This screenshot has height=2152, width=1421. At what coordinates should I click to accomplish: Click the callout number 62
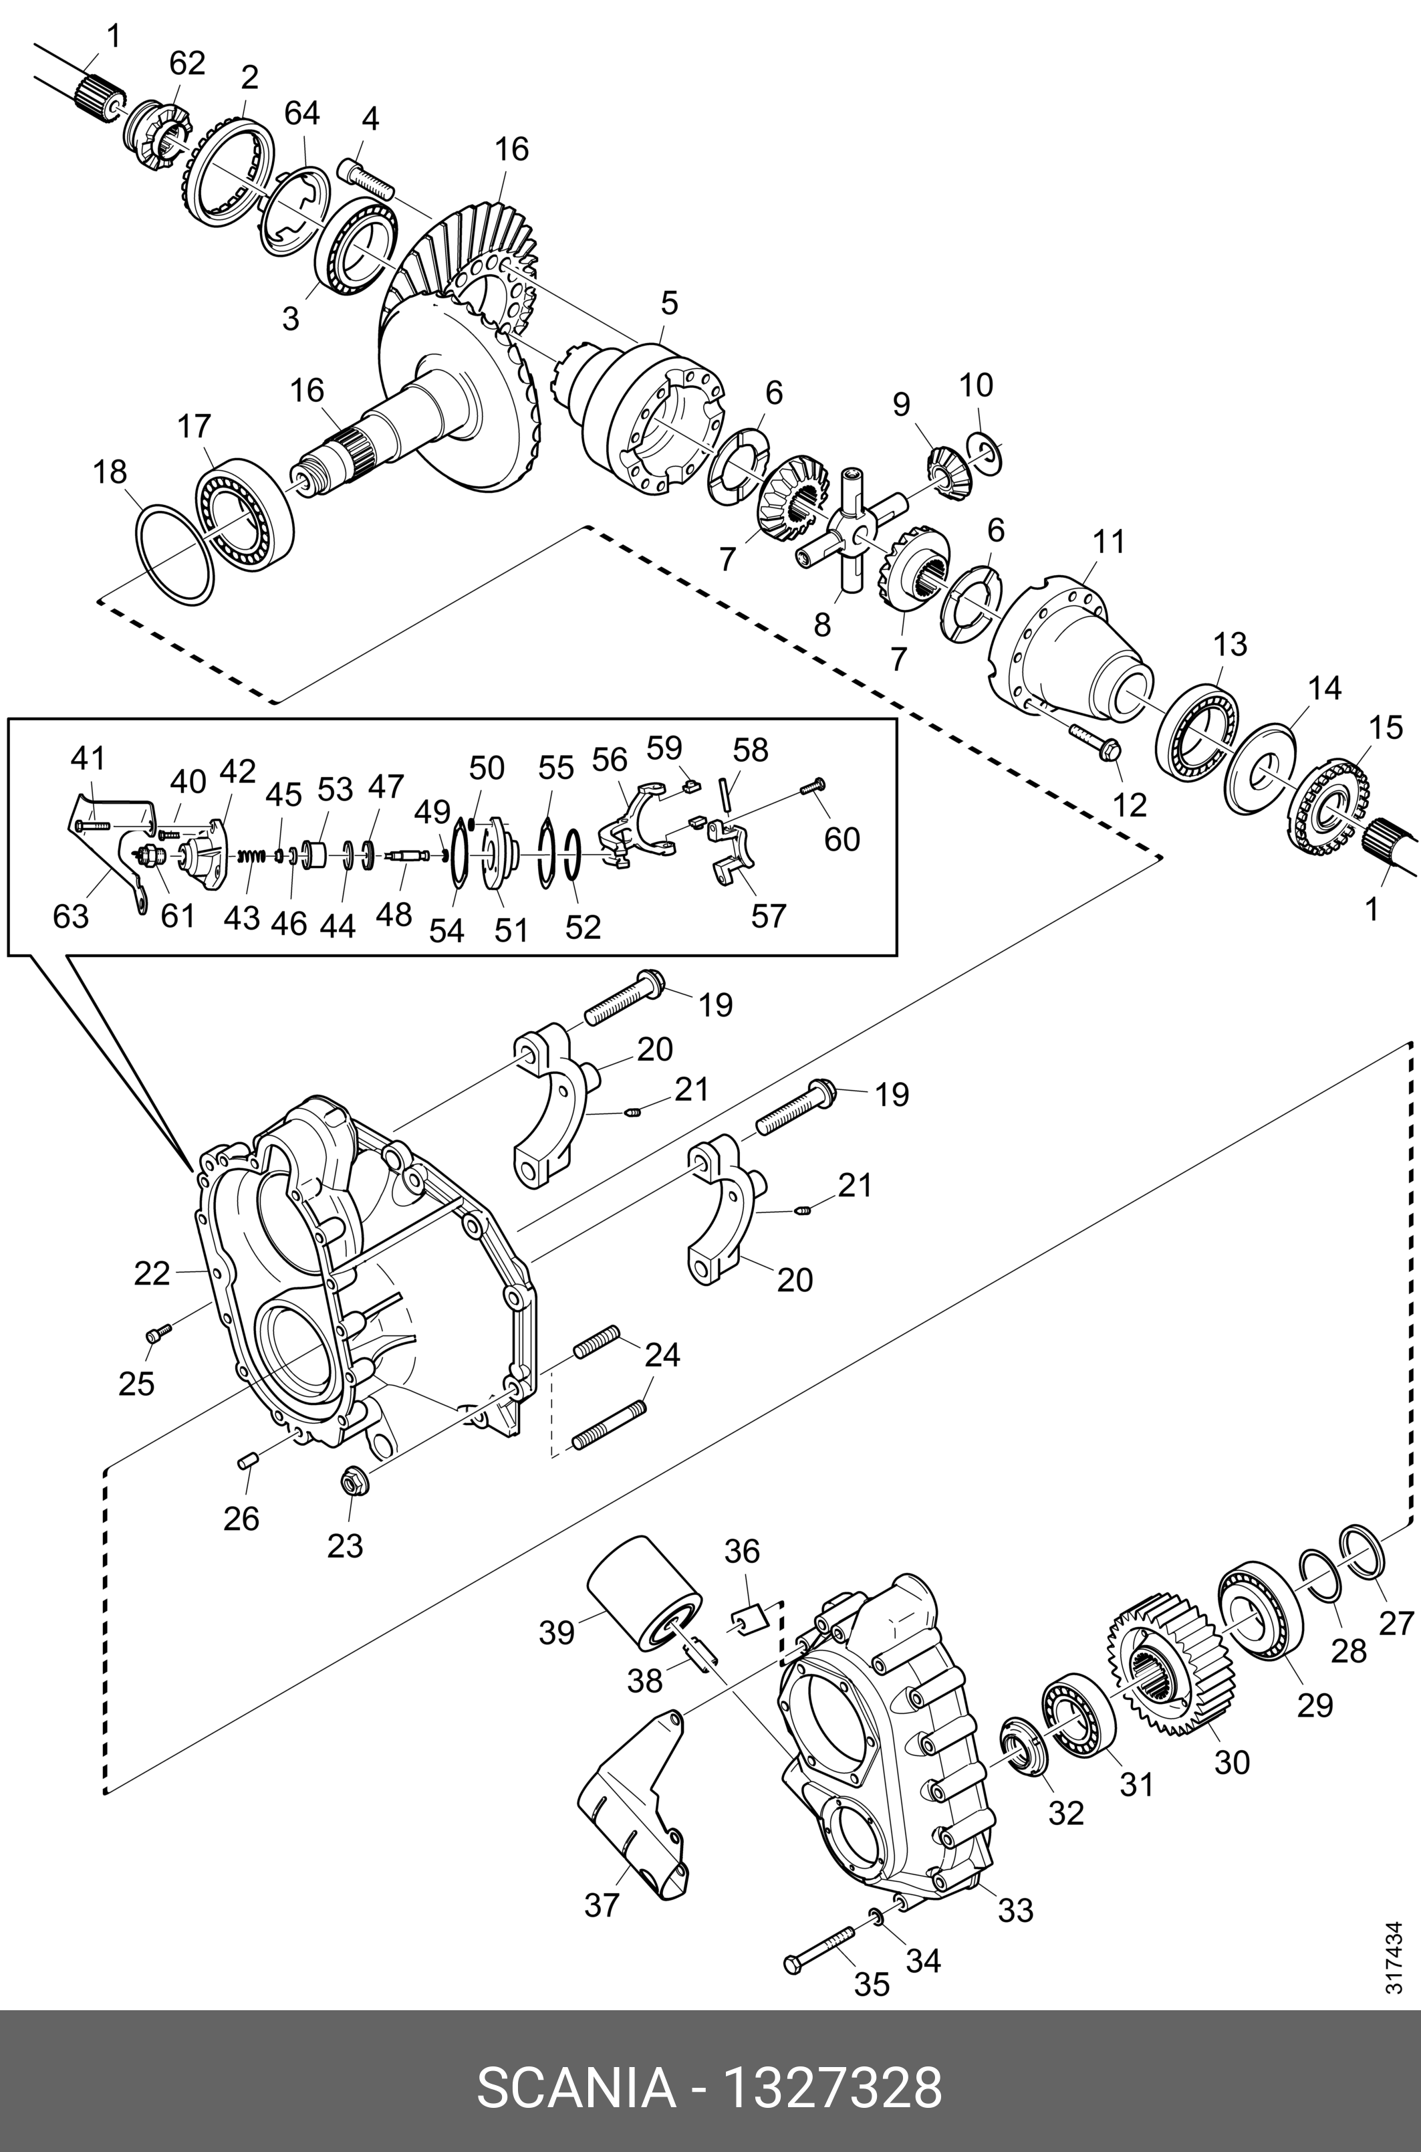click(188, 64)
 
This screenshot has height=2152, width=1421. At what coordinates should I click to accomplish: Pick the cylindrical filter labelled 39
click(644, 1593)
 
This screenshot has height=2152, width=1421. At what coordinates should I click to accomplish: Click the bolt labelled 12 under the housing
click(1094, 738)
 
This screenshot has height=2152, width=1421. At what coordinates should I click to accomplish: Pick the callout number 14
click(1324, 688)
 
